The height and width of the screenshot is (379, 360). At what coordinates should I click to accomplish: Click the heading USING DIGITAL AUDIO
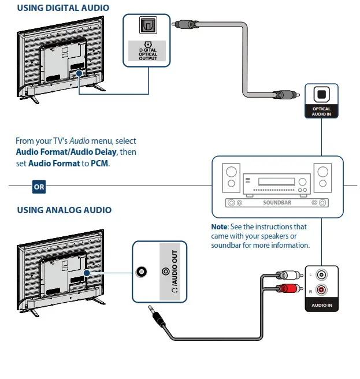coord(62,8)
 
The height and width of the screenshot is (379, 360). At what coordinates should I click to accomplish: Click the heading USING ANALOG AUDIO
coord(64,210)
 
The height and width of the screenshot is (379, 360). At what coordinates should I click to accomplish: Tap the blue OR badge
coord(39,187)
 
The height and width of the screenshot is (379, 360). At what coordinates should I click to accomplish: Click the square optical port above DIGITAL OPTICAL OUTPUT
coord(147,26)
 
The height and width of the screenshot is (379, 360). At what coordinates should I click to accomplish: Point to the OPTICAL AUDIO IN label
coord(321,112)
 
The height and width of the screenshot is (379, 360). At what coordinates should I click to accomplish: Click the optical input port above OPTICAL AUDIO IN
coord(321,94)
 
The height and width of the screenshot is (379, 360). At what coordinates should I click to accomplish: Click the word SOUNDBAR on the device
coord(277,203)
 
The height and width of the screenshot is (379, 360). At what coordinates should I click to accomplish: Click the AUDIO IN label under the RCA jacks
coord(322,304)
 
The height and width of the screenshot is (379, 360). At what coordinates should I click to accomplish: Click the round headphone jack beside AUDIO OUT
coord(141,272)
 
